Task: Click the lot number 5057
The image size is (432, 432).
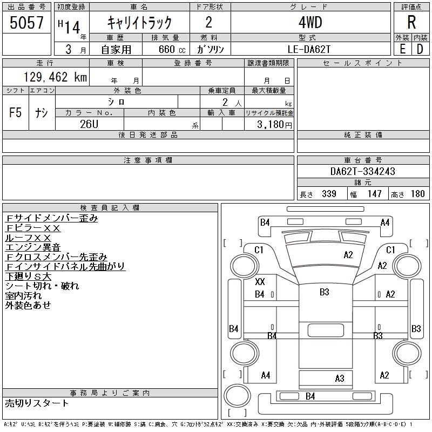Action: (26, 23)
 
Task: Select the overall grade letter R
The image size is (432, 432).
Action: (411, 23)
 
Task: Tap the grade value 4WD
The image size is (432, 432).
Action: (310, 23)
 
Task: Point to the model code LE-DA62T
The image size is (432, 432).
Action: (310, 49)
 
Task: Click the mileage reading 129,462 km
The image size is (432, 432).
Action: (55, 77)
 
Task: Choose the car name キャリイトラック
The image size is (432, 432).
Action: (139, 23)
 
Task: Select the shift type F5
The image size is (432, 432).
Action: (15, 112)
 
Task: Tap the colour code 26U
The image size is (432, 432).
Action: (90, 124)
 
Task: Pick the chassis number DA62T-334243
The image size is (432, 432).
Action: (363, 172)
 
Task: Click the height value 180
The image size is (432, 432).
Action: (417, 194)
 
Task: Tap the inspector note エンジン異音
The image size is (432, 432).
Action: (33, 247)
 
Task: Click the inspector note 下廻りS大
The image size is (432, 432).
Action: (28, 276)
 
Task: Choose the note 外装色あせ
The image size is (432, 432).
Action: (28, 306)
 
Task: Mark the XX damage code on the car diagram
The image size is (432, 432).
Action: (260, 282)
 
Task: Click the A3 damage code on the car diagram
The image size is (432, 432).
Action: (339, 379)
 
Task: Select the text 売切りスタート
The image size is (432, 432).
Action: (37, 403)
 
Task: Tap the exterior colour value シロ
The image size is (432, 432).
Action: (117, 101)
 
